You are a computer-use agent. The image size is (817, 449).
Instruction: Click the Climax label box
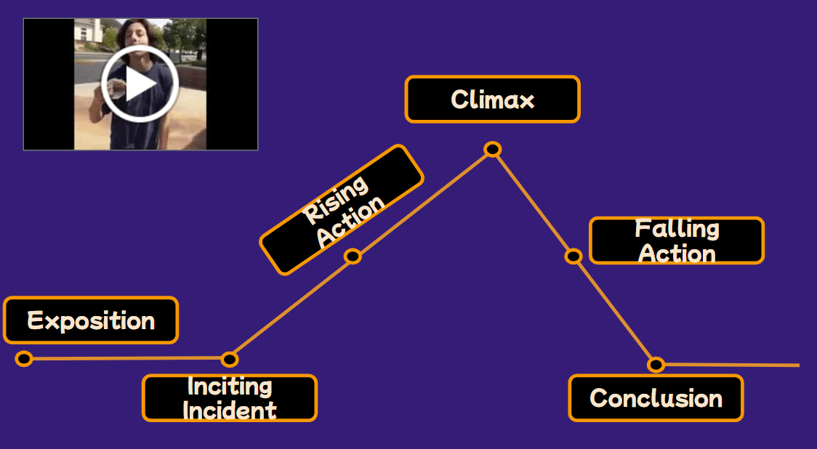point(492,99)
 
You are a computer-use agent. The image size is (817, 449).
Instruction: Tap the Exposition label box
point(91,320)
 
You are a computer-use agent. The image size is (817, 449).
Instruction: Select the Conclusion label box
point(656,398)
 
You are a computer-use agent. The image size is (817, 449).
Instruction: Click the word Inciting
point(230,386)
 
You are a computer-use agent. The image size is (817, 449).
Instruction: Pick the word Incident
point(230,410)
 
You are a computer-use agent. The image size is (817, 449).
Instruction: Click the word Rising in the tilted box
point(335,199)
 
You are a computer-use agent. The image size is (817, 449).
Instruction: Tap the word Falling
point(677,229)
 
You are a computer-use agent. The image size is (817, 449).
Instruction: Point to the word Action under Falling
point(677,254)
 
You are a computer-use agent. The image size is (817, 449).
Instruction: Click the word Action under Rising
point(352,221)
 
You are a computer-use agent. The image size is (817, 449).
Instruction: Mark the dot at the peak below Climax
point(492,150)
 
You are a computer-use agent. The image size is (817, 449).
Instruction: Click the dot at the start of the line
point(24,358)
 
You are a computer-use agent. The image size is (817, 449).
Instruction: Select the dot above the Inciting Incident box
point(229,359)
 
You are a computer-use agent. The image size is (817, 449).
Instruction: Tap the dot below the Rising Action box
point(353,256)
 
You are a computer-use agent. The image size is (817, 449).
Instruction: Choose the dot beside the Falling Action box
point(573,256)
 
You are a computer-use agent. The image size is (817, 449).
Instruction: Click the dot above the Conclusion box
point(656,364)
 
